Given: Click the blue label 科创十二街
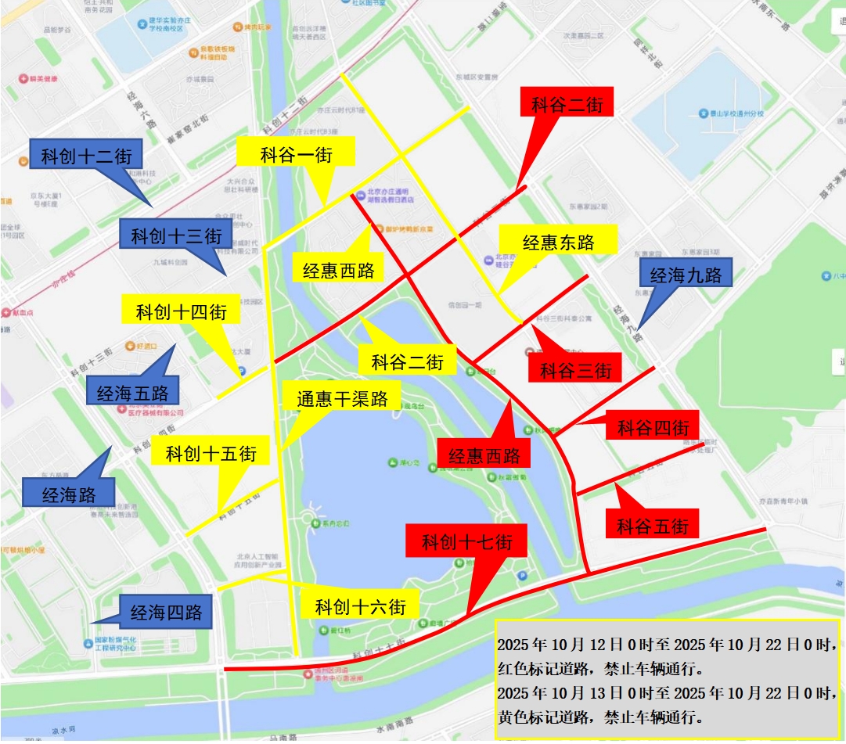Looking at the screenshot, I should click(86, 156).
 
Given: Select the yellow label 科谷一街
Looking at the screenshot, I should click(297, 154).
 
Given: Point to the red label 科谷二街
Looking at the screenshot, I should click(567, 104).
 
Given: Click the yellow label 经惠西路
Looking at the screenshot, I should click(339, 271).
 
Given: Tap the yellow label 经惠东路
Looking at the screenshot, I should click(559, 242).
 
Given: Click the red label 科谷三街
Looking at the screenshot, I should click(575, 369).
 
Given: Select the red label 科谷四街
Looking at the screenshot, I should click(653, 427).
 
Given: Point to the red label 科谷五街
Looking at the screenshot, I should click(653, 526).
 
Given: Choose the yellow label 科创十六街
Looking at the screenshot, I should click(360, 606).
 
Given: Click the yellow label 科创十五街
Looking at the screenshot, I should click(211, 453).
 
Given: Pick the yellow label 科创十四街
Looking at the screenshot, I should click(182, 312).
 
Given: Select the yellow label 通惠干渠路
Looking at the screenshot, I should click(343, 399).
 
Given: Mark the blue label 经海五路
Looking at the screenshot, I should click(132, 393).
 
